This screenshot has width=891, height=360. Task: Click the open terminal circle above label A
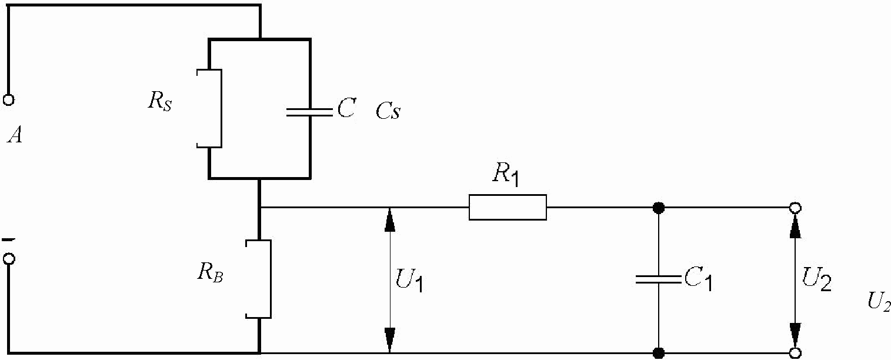(x=9, y=99)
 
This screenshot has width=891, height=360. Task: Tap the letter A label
(x=15, y=135)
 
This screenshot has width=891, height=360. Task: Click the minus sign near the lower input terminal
(x=9, y=239)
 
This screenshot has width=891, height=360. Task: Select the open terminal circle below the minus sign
(x=9, y=259)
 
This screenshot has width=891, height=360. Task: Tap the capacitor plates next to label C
(x=310, y=112)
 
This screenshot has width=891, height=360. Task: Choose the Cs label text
(x=388, y=110)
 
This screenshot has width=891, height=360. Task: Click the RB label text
(x=210, y=273)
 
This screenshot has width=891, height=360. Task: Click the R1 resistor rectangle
(x=508, y=207)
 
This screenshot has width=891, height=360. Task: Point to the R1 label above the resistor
(x=506, y=174)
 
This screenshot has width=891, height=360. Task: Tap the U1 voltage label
(x=409, y=280)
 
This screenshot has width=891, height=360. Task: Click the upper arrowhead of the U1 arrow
(x=390, y=219)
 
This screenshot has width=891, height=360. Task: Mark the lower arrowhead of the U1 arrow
(x=390, y=341)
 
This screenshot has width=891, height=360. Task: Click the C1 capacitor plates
(x=659, y=279)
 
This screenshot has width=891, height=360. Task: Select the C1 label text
(x=699, y=278)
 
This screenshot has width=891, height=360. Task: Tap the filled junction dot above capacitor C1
(x=659, y=208)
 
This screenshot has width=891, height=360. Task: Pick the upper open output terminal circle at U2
(x=795, y=208)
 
